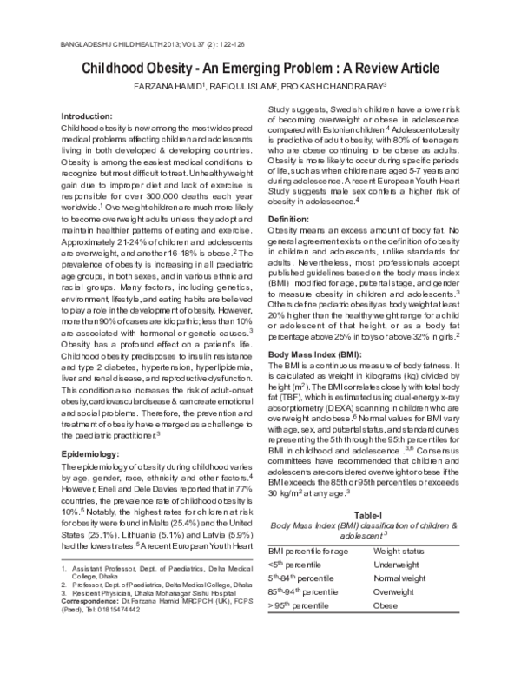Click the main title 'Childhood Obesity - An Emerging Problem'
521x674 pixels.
point(260,69)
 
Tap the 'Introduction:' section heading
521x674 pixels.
point(93,116)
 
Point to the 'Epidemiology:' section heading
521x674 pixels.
point(96,453)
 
